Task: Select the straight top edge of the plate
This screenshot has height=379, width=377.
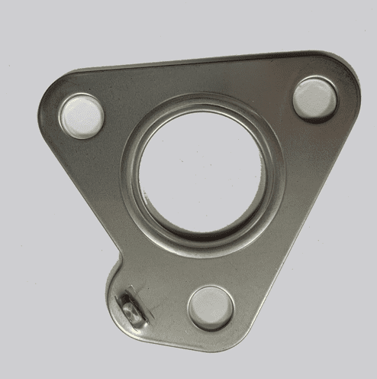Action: tap(198, 61)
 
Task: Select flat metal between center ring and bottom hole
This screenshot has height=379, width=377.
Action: tap(206, 267)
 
